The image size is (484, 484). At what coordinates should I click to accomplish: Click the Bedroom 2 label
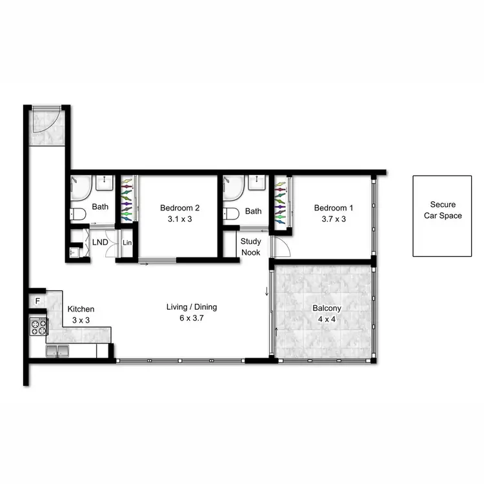[x=179, y=208]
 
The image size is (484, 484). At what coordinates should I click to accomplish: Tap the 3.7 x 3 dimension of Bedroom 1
[x=334, y=219]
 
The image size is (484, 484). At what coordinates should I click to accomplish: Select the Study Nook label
[x=250, y=247]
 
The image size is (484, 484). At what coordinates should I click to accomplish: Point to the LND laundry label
[x=100, y=243]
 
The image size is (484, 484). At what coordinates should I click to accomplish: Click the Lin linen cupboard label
[x=127, y=243]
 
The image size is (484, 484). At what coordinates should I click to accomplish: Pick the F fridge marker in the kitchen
[x=37, y=301]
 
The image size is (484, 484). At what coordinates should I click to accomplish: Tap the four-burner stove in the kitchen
[x=38, y=327]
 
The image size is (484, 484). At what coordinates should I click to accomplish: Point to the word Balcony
[x=327, y=308]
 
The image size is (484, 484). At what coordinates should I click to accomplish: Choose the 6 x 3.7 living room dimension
[x=192, y=318]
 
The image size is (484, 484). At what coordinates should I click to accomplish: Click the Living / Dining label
[x=192, y=307]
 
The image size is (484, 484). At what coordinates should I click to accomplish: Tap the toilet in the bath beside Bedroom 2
[x=79, y=214]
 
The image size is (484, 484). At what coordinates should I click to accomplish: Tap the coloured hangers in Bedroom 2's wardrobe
[x=126, y=200]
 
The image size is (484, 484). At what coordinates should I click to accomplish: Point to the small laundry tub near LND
[x=75, y=250]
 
